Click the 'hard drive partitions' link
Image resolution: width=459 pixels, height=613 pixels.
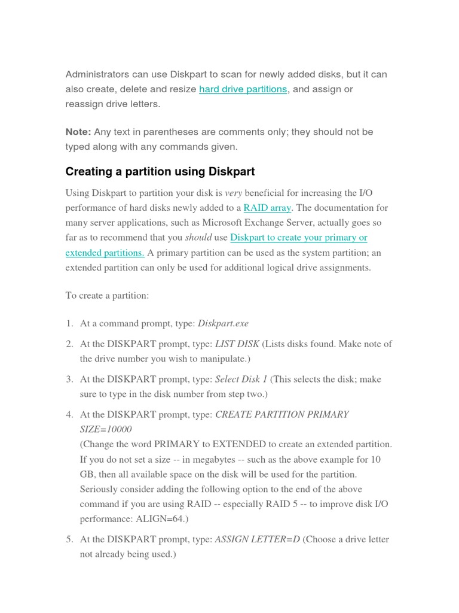pyautogui.click(x=243, y=89)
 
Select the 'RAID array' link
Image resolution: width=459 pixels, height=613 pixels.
pyautogui.click(x=267, y=208)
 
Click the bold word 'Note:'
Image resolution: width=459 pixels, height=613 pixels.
pyautogui.click(x=78, y=132)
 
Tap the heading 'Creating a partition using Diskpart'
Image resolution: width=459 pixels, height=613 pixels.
pyautogui.click(x=160, y=172)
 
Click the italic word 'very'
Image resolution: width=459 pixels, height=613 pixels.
pyautogui.click(x=233, y=193)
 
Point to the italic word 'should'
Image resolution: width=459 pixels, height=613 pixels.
pyautogui.click(x=198, y=238)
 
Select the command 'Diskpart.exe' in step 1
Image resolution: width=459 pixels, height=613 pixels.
pyautogui.click(x=223, y=324)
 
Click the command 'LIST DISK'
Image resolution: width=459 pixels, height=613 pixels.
pyautogui.click(x=237, y=344)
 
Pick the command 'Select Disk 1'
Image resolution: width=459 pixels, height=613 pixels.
pyautogui.click(x=241, y=380)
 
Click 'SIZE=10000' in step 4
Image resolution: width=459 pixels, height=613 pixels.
pyautogui.click(x=106, y=430)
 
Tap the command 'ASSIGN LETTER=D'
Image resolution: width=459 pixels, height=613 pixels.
pyautogui.click(x=257, y=539)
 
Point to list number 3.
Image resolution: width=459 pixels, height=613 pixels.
pyautogui.click(x=69, y=380)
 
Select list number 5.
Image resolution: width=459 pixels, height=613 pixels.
pyautogui.click(x=69, y=539)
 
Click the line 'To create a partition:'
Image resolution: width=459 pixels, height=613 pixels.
pyautogui.click(x=107, y=295)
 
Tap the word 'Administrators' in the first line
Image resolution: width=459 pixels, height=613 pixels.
pyautogui.click(x=96, y=75)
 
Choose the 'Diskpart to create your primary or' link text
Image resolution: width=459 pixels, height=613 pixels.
pyautogui.click(x=298, y=238)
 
